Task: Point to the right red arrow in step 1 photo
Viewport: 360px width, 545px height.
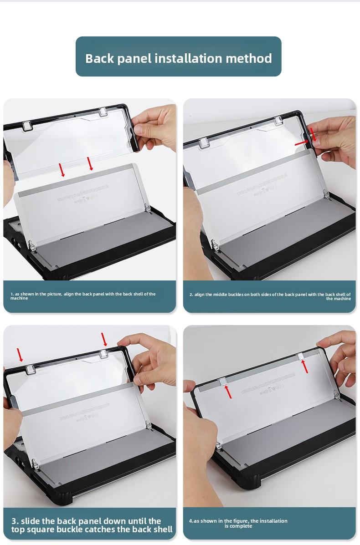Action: pyautogui.click(x=90, y=163)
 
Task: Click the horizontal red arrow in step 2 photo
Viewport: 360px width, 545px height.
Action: pyautogui.click(x=302, y=143)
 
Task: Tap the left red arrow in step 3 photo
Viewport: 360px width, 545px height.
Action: pyautogui.click(x=20, y=355)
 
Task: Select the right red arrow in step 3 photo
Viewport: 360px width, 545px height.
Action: pyautogui.click(x=104, y=339)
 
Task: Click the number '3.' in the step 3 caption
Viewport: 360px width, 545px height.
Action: pyautogui.click(x=15, y=521)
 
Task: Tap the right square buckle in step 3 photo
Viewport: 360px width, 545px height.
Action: pyautogui.click(x=104, y=354)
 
